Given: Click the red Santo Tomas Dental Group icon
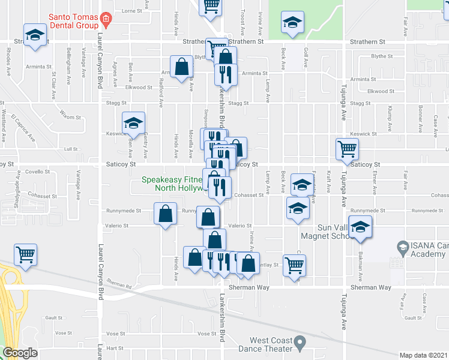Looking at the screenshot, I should click(106, 19).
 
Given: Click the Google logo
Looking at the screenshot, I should click(20, 353).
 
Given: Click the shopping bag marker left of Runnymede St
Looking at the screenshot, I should click(166, 214).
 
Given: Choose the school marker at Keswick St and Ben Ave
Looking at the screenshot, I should click(133, 123).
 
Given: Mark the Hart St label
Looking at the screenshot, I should click(114, 348).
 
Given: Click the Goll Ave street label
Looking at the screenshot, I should click(306, 58).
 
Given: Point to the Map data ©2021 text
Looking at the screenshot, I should click(423, 355).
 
